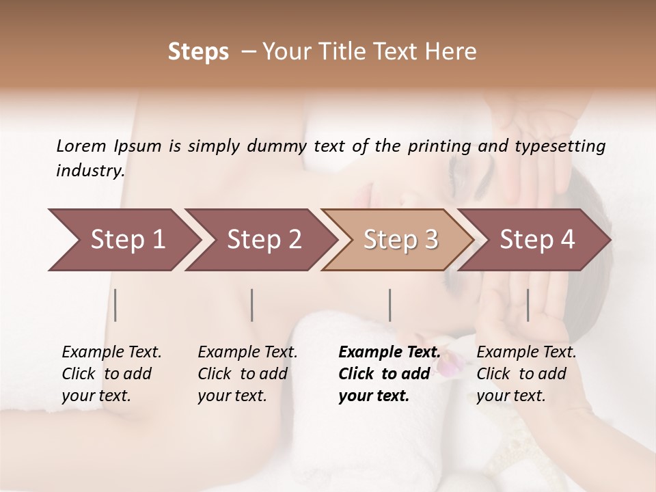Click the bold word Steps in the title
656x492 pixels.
[198, 52]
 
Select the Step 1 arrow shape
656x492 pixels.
[123, 240]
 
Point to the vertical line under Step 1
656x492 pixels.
[115, 305]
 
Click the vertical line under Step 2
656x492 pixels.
[252, 305]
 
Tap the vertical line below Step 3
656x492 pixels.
[389, 305]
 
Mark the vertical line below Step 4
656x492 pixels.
[528, 305]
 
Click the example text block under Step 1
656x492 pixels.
[111, 374]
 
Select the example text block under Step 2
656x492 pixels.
[247, 374]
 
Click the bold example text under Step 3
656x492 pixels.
[389, 374]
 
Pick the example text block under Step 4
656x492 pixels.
[526, 374]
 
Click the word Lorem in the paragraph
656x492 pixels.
[81, 146]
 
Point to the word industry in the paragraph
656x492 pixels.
[90, 171]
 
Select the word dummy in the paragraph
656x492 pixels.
[279, 146]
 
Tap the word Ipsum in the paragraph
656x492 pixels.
[138, 146]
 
